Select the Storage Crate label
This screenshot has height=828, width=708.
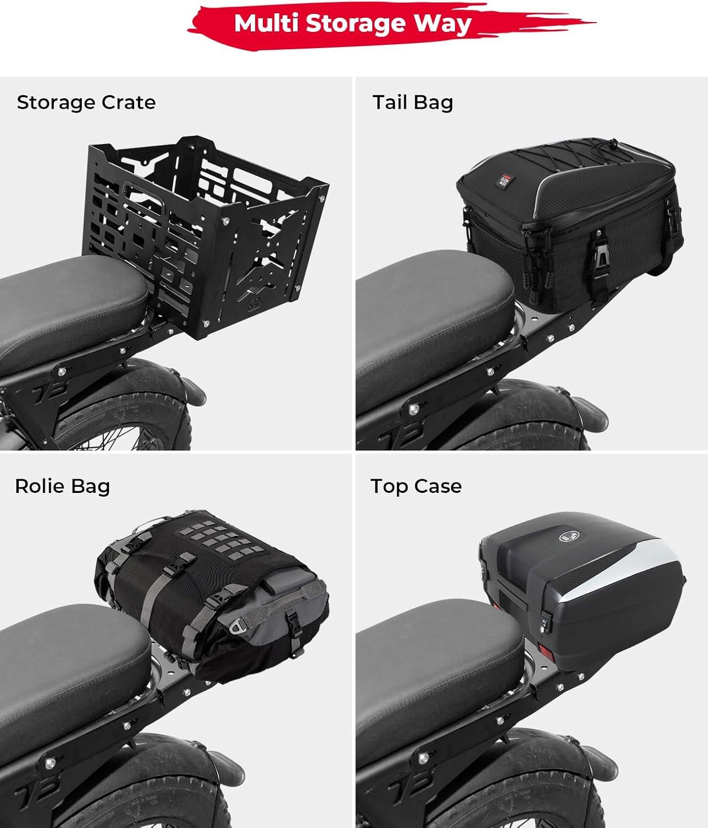pos(86,102)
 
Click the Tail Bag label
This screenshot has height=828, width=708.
pos(413,102)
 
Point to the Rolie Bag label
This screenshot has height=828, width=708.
pos(62,486)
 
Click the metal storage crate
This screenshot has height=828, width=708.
pos(204,236)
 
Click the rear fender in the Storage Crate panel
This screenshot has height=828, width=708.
pos(132,395)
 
